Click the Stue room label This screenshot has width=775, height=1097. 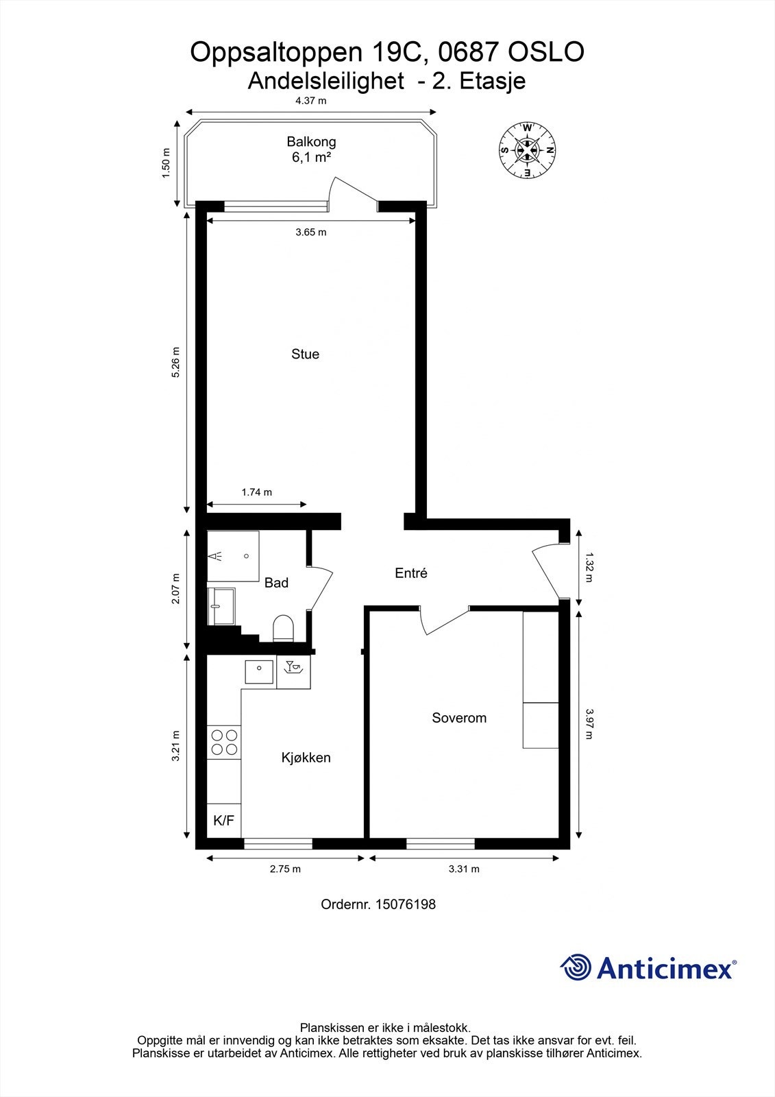(x=305, y=354)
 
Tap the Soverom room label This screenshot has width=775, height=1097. (x=459, y=718)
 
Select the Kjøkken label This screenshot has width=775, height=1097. (x=306, y=758)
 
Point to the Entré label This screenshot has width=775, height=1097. (x=411, y=573)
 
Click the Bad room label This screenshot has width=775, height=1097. (x=276, y=583)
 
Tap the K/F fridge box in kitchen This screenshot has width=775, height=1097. (x=224, y=821)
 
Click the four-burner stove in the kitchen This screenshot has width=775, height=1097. (x=224, y=743)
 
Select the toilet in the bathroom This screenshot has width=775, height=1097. (x=283, y=628)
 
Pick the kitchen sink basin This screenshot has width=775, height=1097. (x=259, y=671)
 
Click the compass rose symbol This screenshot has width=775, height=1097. (x=527, y=150)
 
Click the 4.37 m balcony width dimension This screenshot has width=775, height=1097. (x=311, y=101)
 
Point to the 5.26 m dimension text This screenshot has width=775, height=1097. (x=175, y=362)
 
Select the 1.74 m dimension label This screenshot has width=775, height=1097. (x=256, y=492)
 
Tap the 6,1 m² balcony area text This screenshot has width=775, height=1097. (x=311, y=157)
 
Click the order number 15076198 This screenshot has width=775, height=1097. (x=406, y=904)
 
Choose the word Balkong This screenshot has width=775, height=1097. (x=311, y=142)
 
